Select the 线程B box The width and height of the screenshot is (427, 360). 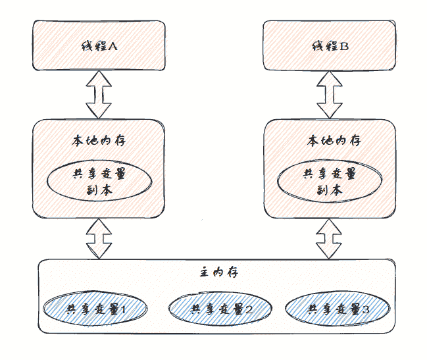point(329,44)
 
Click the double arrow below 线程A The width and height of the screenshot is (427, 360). point(98,94)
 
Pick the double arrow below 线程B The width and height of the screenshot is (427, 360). point(330,94)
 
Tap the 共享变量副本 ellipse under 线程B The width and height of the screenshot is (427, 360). point(329,182)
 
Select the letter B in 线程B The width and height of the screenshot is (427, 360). point(344,47)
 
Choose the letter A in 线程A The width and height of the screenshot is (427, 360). point(113,47)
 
